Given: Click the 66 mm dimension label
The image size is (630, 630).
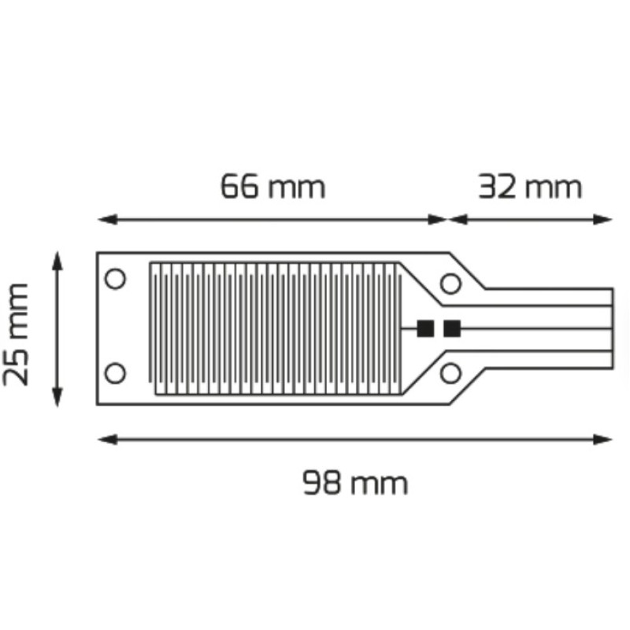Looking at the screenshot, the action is (272, 187).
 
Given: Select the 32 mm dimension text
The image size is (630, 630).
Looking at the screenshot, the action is (530, 187).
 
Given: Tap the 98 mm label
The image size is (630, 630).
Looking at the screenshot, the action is (355, 483).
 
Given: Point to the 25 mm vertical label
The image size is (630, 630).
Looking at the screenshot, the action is (16, 334).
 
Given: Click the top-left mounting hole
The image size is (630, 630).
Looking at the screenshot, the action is (115, 279).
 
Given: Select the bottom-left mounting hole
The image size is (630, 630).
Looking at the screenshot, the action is (115, 372).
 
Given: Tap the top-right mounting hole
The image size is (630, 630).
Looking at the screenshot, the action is (450, 283).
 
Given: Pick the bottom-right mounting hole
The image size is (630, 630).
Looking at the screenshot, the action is (450, 372).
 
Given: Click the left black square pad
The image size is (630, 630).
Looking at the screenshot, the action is (425, 328).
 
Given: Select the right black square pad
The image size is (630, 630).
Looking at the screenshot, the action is (451, 328).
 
